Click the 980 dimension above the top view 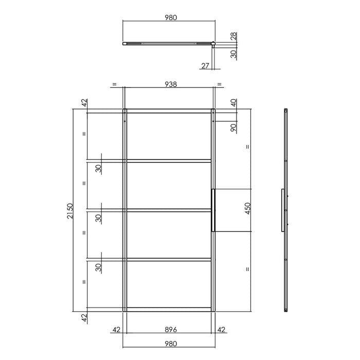170,17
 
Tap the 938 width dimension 170,84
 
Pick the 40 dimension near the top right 233,103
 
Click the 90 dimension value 233,128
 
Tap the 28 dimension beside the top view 233,36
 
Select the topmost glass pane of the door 169,136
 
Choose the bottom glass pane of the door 169,284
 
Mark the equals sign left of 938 114,84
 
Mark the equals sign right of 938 220,84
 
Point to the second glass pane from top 169,186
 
